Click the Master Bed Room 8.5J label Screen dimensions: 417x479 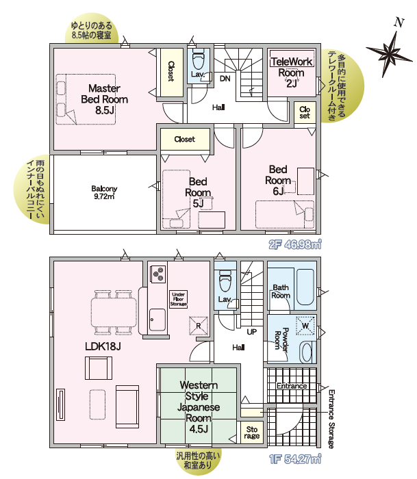tap(104, 99)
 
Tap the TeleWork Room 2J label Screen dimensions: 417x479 tap(291, 73)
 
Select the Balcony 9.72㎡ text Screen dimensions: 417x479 tap(104, 192)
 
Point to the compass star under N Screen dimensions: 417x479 tap(388, 54)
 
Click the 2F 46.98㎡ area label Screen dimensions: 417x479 tap(295, 244)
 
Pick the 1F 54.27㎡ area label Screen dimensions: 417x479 tap(295, 459)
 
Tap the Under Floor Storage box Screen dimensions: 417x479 tap(179, 299)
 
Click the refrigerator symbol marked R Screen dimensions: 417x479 tap(199, 326)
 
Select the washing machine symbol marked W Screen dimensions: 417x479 tap(305, 326)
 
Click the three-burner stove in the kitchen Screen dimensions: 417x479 tap(158, 274)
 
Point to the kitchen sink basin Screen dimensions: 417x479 tap(157, 320)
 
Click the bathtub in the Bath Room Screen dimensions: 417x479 tap(305, 287)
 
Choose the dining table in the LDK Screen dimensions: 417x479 tap(114, 312)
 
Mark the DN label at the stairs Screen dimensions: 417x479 tap(225, 79)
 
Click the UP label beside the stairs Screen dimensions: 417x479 tap(251, 331)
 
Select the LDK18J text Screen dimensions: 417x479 tap(103, 346)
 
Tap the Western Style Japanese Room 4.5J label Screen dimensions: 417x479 tap(199, 407)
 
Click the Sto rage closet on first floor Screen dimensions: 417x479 tap(251, 432)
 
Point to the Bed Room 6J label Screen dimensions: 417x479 tap(277, 180)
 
